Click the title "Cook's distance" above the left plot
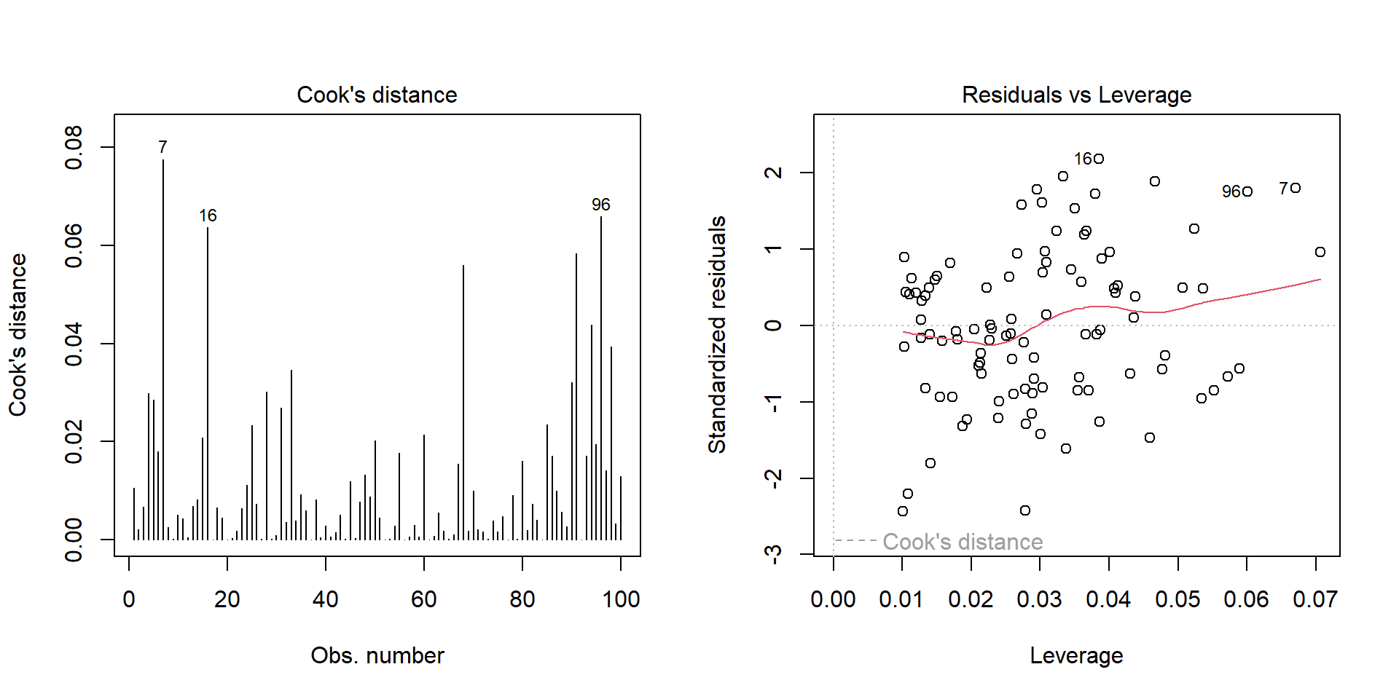coord(377,95)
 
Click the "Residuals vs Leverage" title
coord(1076,95)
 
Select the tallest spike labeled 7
coord(163,349)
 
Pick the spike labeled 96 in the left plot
coord(601,379)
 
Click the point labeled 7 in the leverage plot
coord(1296,188)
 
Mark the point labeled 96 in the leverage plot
coord(1247,191)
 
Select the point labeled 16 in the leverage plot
coord(1099,159)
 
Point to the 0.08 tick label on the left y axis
coord(74,147)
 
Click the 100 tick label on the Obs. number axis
coord(621,599)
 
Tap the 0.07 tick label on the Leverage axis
coord(1315,599)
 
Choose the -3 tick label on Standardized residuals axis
coord(774,554)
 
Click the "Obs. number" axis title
coord(377,655)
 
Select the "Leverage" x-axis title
coord(1076,655)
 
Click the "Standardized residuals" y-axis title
coord(718,334)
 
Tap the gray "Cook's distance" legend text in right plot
coord(963,542)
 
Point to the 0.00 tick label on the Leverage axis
coord(833,599)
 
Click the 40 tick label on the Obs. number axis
coord(326,599)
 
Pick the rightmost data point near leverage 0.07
coord(1320,252)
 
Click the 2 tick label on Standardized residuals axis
coord(774,173)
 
